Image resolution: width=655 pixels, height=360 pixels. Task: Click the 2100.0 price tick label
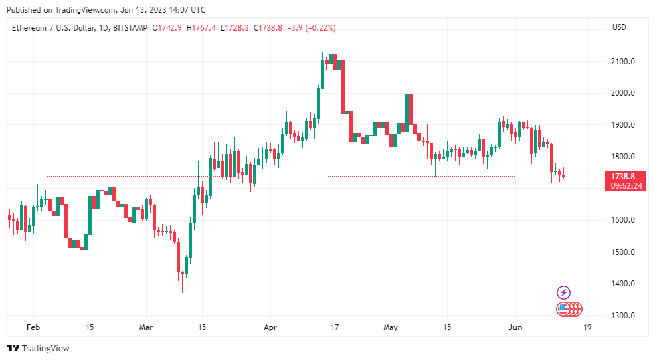(622, 62)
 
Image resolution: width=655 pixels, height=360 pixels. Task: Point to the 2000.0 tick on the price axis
(622, 93)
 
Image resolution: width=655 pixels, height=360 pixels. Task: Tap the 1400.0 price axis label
(622, 284)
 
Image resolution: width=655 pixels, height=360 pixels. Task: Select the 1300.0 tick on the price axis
(622, 315)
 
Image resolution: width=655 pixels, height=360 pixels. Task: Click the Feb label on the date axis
(33, 328)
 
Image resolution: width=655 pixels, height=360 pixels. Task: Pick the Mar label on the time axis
(146, 328)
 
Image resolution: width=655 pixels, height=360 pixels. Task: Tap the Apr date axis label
(270, 328)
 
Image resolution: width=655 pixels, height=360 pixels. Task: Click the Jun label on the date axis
(515, 328)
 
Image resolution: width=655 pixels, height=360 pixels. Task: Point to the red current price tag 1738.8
(622, 176)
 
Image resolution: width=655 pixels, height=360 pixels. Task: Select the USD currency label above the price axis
(619, 27)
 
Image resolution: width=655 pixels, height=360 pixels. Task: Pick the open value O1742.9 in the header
(168, 28)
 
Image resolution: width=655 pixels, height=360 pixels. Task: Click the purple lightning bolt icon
(564, 292)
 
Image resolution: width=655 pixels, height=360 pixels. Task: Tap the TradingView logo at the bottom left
(38, 348)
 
